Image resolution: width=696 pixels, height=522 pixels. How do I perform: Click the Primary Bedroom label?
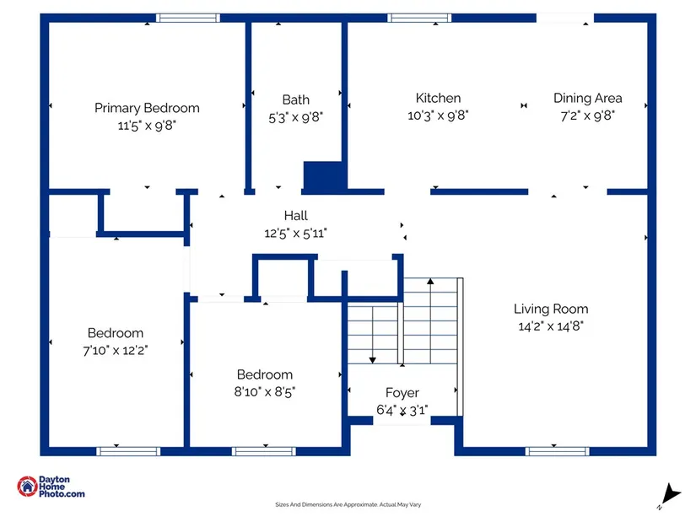[147, 108]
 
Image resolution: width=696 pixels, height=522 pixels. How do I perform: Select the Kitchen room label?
[438, 99]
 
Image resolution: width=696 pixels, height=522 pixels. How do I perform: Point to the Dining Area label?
[587, 99]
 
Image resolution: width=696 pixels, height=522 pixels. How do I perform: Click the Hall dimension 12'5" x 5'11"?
[295, 233]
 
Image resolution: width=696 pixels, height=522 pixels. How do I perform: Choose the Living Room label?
[551, 309]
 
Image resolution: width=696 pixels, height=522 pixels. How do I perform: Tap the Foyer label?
[402, 393]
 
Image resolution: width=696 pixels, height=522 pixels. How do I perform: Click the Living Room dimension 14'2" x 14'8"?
[551, 326]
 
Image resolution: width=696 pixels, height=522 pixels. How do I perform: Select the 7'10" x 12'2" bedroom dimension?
[116, 350]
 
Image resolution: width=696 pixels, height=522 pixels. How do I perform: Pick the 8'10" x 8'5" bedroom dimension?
[265, 391]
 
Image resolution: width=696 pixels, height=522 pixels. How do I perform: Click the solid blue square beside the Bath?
[324, 175]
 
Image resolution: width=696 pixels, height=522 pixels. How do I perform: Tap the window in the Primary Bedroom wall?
[187, 18]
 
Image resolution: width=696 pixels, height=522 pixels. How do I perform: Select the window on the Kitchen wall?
[418, 18]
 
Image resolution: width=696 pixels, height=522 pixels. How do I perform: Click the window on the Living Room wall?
[554, 451]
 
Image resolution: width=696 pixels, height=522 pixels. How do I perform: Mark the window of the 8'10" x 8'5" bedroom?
[263, 451]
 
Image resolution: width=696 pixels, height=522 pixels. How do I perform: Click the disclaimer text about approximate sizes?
[348, 505]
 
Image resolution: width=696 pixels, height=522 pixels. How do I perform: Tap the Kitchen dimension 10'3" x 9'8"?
[438, 116]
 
